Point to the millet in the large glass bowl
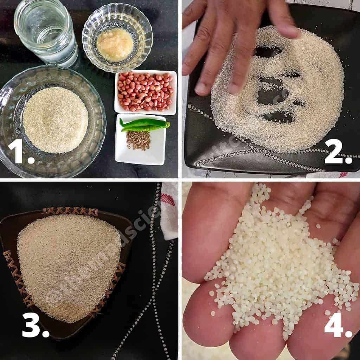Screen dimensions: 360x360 click(x=55, y=120)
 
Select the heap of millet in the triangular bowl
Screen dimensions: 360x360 click(x=69, y=267)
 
